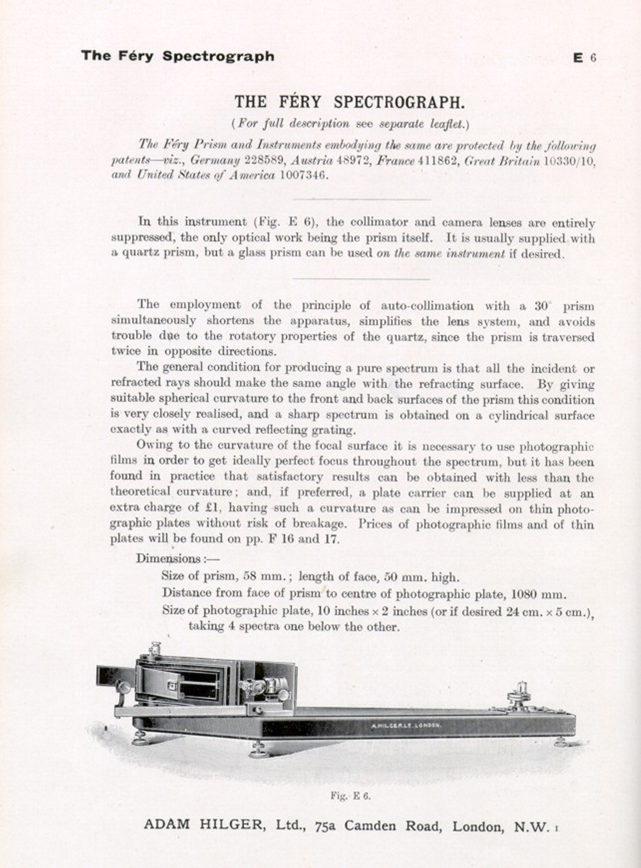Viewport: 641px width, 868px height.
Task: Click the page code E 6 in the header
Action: (x=584, y=58)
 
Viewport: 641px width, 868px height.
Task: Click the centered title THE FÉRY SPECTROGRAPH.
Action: (x=350, y=102)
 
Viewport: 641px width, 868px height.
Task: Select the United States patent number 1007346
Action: (x=304, y=175)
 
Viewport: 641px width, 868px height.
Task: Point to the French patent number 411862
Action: (x=437, y=160)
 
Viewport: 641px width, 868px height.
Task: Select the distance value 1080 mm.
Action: (x=538, y=594)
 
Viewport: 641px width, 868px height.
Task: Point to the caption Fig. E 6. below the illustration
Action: (x=350, y=796)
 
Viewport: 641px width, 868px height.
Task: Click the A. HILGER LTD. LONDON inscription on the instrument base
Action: (x=406, y=725)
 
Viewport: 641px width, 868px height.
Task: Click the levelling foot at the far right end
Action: (x=561, y=743)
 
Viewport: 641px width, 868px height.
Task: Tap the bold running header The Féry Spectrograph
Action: (x=177, y=56)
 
